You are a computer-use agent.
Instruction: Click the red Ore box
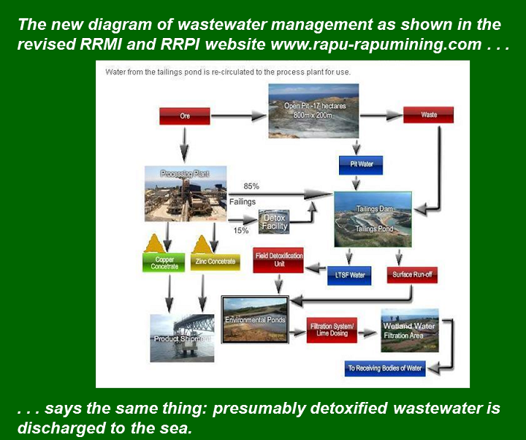(x=185, y=115)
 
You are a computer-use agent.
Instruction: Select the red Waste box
(x=429, y=115)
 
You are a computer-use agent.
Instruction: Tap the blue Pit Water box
(x=356, y=164)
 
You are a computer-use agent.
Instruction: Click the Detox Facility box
(x=275, y=221)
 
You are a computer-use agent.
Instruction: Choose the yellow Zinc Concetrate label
(x=216, y=261)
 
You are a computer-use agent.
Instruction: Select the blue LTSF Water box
(x=349, y=276)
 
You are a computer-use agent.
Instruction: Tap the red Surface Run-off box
(x=413, y=276)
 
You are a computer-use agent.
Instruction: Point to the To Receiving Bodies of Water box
(x=385, y=368)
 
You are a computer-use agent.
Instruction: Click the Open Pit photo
(x=313, y=110)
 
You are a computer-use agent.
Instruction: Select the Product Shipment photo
(x=182, y=338)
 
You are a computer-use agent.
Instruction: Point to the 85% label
(x=251, y=186)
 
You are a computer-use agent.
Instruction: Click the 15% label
(x=240, y=230)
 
